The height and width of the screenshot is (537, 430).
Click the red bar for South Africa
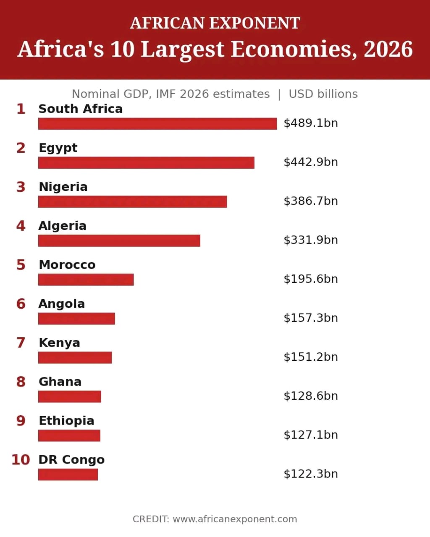tap(157, 123)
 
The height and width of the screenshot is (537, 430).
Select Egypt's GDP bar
tap(146, 162)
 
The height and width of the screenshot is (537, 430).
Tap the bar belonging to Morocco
tap(86, 279)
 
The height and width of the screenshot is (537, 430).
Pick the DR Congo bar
tap(68, 474)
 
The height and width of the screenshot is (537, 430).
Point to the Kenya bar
tap(75, 357)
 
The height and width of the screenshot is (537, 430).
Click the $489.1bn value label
tap(311, 123)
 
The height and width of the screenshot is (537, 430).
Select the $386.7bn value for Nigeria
tap(311, 201)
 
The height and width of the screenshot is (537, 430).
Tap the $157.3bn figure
tap(311, 318)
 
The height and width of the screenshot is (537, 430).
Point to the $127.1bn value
tap(311, 435)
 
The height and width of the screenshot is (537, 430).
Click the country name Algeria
tap(63, 226)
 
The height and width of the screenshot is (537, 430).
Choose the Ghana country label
tap(60, 381)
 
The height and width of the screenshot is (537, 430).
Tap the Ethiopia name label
tap(66, 421)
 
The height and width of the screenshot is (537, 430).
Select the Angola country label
tap(62, 304)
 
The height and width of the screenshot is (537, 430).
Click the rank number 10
tap(21, 460)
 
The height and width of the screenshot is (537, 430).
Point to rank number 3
tap(21, 187)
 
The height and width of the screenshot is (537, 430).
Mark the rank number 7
tap(21, 343)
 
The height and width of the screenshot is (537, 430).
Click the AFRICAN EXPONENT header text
tap(215, 23)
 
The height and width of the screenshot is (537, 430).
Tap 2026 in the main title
tap(388, 49)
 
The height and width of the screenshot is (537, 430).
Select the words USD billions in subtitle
tap(323, 94)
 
